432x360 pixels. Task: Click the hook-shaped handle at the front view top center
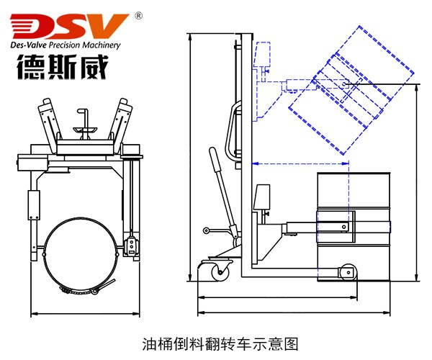pyautogui.click(x=85, y=118)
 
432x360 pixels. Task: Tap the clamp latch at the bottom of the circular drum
pyautogui.click(x=81, y=292)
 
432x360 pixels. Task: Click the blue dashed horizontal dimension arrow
pyautogui.click(x=300, y=163)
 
